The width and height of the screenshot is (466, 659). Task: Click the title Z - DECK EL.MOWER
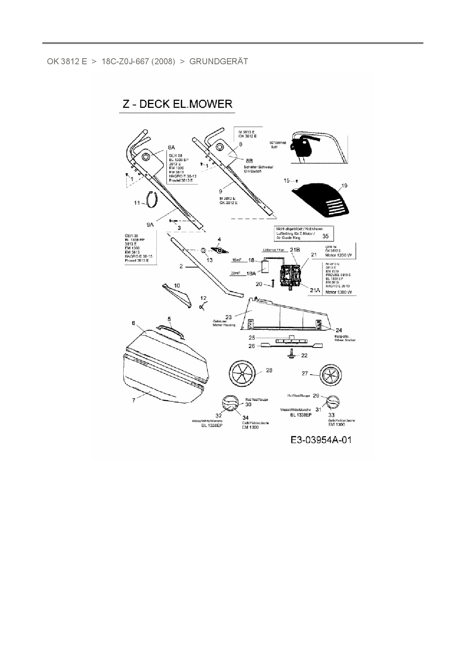point(176,104)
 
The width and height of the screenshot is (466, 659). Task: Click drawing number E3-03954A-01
point(321,440)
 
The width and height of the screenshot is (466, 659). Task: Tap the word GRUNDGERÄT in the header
point(219,61)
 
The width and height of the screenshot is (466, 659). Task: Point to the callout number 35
point(325,236)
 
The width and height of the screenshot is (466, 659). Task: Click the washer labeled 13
point(203,250)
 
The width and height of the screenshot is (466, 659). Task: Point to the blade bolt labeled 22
point(292,354)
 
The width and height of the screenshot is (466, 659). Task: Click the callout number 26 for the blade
point(251,346)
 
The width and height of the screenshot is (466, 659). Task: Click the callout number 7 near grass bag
point(133,400)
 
